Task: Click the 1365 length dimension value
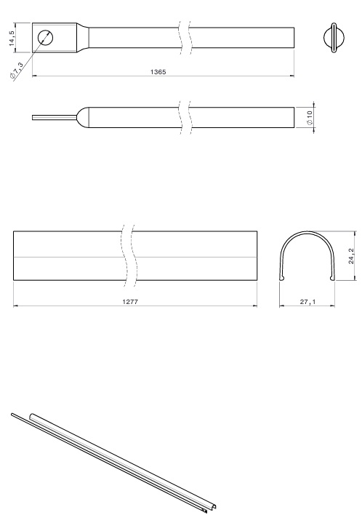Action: [158, 72]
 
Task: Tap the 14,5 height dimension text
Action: [12, 38]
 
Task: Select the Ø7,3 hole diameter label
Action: [17, 71]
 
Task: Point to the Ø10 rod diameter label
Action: [310, 117]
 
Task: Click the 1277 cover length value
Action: [130, 302]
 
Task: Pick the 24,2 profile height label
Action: [352, 256]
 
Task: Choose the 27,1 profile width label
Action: [307, 302]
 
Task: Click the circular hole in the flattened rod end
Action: [45, 37]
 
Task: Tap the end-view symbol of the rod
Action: [334, 38]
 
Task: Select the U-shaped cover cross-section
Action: [307, 233]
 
